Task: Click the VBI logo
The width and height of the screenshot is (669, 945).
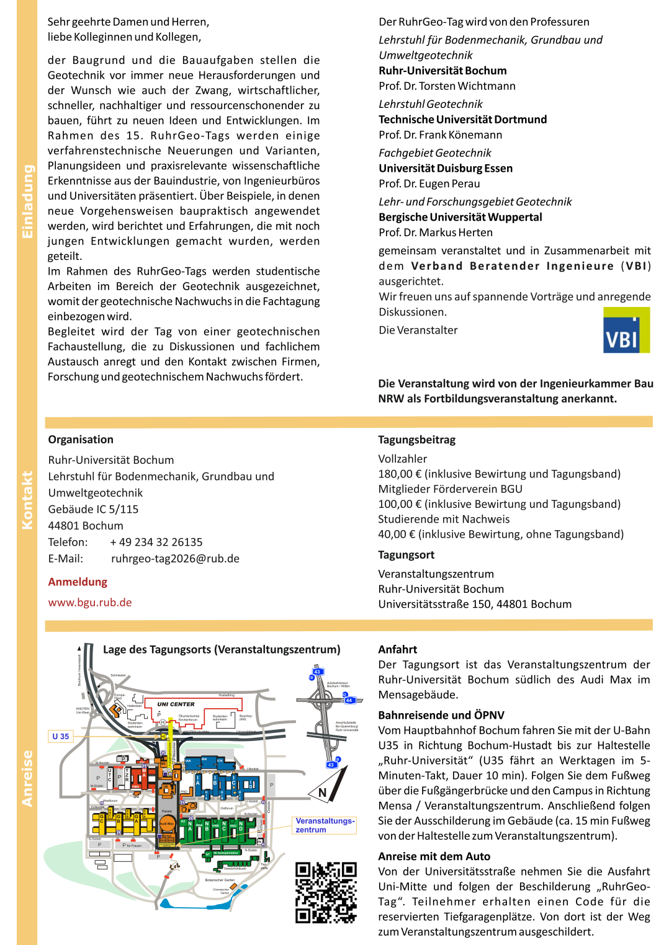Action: tap(626, 331)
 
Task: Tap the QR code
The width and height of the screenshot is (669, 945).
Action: tap(326, 892)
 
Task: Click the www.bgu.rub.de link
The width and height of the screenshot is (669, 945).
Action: tap(90, 602)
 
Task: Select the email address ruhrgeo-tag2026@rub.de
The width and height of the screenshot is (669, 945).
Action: tap(175, 558)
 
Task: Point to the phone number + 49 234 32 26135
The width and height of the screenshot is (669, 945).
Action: tap(156, 542)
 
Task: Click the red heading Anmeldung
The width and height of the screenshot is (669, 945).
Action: tap(78, 582)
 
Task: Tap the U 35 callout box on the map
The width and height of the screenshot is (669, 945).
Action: tap(61, 736)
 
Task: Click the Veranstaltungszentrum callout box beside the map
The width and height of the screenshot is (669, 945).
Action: tap(324, 825)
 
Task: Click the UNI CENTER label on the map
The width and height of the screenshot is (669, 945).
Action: tap(176, 704)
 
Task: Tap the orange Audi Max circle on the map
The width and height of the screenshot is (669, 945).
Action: tap(166, 824)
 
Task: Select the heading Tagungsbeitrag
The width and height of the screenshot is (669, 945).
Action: tap(416, 440)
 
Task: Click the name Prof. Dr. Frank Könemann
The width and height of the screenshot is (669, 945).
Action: tap(440, 135)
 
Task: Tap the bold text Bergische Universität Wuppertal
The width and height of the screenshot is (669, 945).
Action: tap(460, 217)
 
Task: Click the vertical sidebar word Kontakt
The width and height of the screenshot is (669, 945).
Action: tap(27, 500)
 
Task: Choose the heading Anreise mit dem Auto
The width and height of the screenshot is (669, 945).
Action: tap(434, 856)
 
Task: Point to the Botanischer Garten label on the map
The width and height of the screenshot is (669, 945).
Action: tap(220, 880)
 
